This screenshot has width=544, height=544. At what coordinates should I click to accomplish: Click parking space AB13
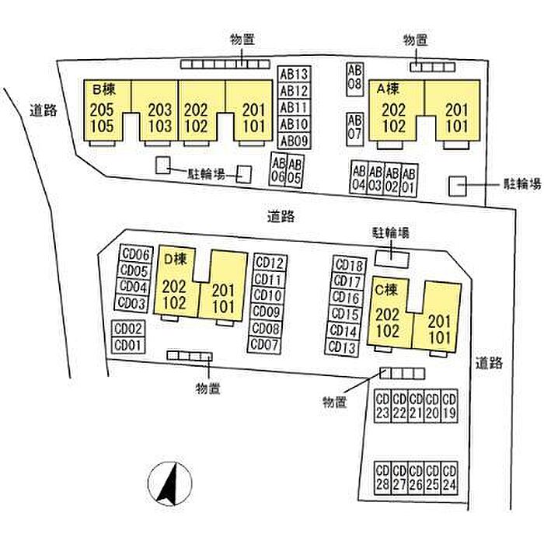click(295, 75)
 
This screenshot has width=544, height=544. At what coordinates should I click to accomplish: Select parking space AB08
click(354, 79)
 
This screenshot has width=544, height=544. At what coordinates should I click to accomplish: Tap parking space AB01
click(408, 181)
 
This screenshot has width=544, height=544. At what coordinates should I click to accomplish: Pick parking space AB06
click(278, 170)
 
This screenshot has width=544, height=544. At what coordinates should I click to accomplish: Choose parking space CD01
click(128, 345)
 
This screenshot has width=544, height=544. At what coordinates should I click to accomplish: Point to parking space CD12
click(270, 263)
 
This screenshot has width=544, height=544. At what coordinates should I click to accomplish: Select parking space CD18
click(350, 266)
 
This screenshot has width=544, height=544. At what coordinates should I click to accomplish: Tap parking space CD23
click(382, 406)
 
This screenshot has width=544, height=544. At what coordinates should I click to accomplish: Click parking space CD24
click(449, 478)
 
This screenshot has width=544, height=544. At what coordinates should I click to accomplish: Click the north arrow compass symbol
click(169, 483)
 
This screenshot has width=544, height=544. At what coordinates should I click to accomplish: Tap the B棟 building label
click(103, 90)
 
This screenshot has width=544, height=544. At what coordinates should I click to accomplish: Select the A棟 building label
click(389, 89)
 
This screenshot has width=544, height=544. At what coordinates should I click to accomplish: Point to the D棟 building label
click(175, 259)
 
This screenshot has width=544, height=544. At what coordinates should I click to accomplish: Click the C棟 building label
click(385, 289)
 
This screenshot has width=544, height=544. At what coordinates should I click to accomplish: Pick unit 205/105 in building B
click(102, 118)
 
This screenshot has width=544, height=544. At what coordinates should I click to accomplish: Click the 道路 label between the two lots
click(281, 217)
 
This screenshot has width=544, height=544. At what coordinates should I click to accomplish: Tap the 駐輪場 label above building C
click(391, 232)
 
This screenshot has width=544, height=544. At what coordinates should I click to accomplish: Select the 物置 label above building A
click(415, 40)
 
